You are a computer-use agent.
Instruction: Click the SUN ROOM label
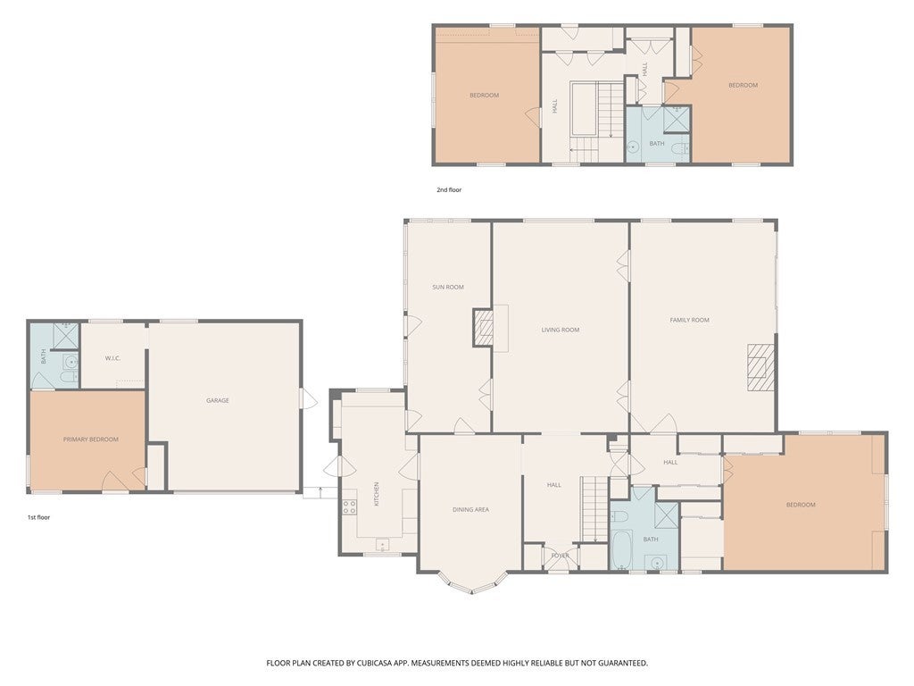448,287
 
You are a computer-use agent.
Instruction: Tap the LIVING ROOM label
561,330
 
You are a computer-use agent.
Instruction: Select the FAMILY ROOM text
690,320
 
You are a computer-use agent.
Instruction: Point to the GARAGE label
218,400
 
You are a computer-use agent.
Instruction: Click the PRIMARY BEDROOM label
91,439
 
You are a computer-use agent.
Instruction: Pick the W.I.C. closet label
112,358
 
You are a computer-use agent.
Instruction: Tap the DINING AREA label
471,509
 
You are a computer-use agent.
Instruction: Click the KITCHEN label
377,493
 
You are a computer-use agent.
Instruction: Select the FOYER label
561,556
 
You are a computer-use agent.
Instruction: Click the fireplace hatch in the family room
762,367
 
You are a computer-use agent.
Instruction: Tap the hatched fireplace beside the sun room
483,329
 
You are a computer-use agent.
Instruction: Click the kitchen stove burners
350,507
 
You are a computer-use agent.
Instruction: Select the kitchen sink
382,545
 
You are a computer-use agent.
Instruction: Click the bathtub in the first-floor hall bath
621,549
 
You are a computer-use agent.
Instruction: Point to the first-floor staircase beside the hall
595,507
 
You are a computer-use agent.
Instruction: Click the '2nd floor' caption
449,189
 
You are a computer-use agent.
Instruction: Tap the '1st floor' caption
38,517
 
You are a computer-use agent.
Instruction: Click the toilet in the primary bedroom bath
69,378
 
